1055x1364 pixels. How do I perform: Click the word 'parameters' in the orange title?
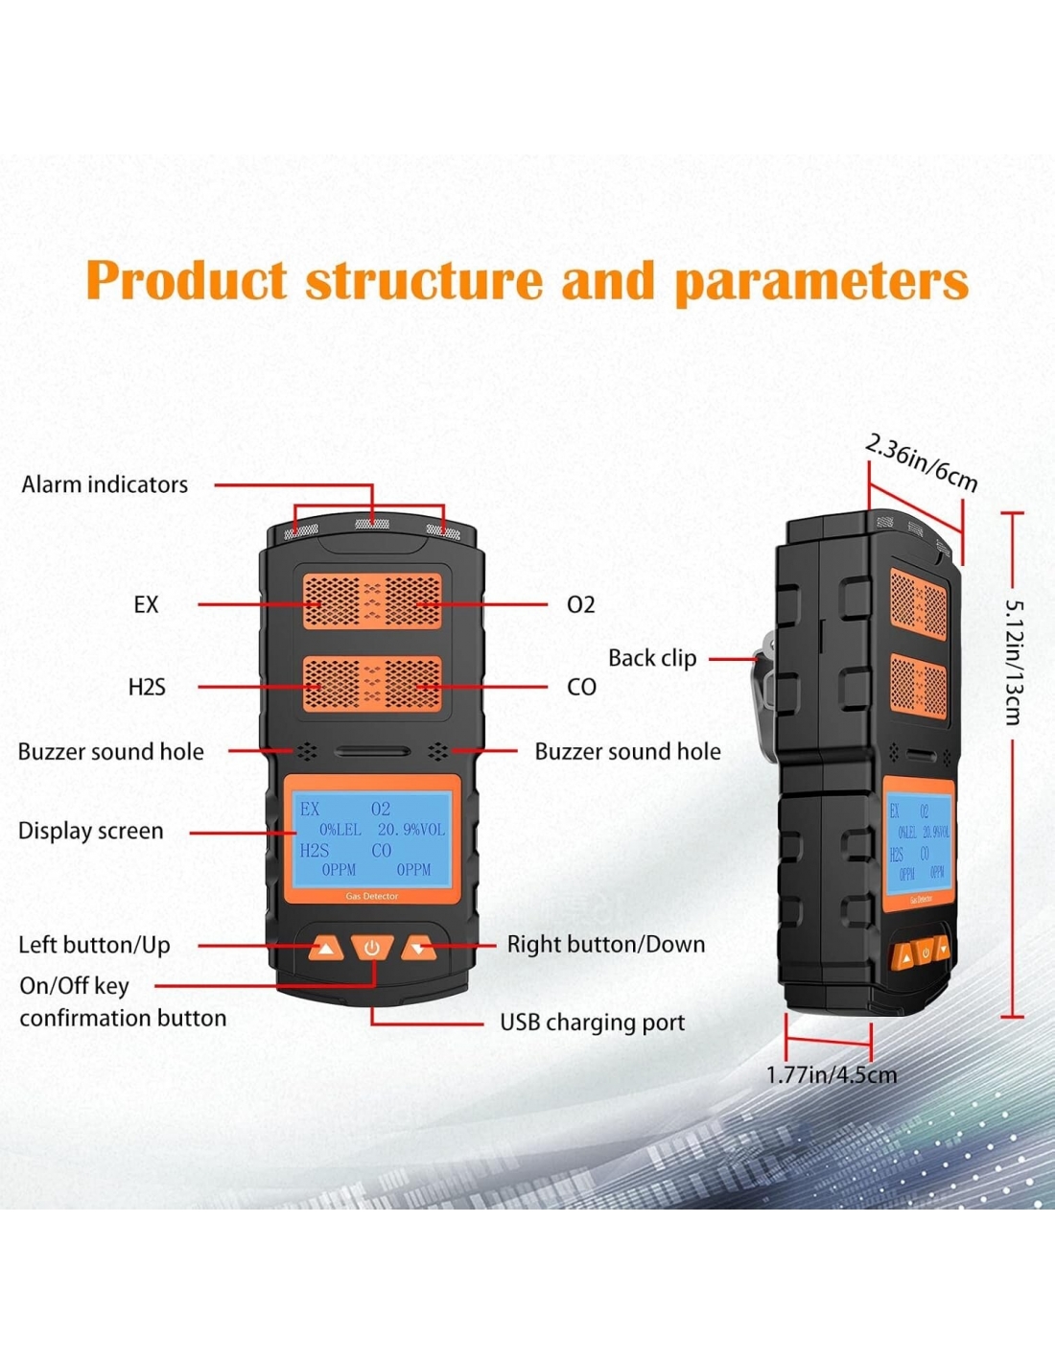[x=821, y=283]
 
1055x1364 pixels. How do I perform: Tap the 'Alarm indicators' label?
[x=105, y=484]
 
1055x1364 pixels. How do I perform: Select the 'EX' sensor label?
[x=146, y=604]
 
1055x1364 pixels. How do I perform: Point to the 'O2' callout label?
[x=580, y=604]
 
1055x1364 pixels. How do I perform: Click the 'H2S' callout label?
[x=147, y=687]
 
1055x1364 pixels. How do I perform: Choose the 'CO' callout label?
[x=581, y=687]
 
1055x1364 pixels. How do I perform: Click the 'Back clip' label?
[x=652, y=658]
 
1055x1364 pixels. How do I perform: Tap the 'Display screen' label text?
[x=91, y=831]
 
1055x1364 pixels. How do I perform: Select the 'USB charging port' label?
[x=593, y=1023]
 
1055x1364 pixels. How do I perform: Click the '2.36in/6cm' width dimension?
[x=921, y=463]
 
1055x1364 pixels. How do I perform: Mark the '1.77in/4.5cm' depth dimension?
[x=832, y=1074]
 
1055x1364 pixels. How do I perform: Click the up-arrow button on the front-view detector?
[x=326, y=949]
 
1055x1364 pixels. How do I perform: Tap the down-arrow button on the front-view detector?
[x=418, y=949]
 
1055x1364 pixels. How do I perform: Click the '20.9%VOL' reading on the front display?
[x=410, y=830]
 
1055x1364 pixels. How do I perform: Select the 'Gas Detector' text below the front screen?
[x=372, y=896]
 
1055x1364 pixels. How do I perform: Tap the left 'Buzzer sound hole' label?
[x=110, y=752]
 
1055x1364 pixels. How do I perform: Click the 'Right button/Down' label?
[x=606, y=945]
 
